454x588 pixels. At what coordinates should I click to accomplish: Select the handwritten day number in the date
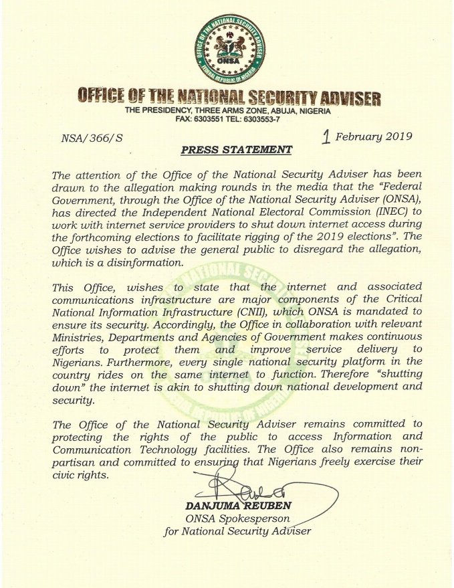[x=326, y=137]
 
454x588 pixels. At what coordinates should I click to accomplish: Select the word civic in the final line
[x=64, y=474]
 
